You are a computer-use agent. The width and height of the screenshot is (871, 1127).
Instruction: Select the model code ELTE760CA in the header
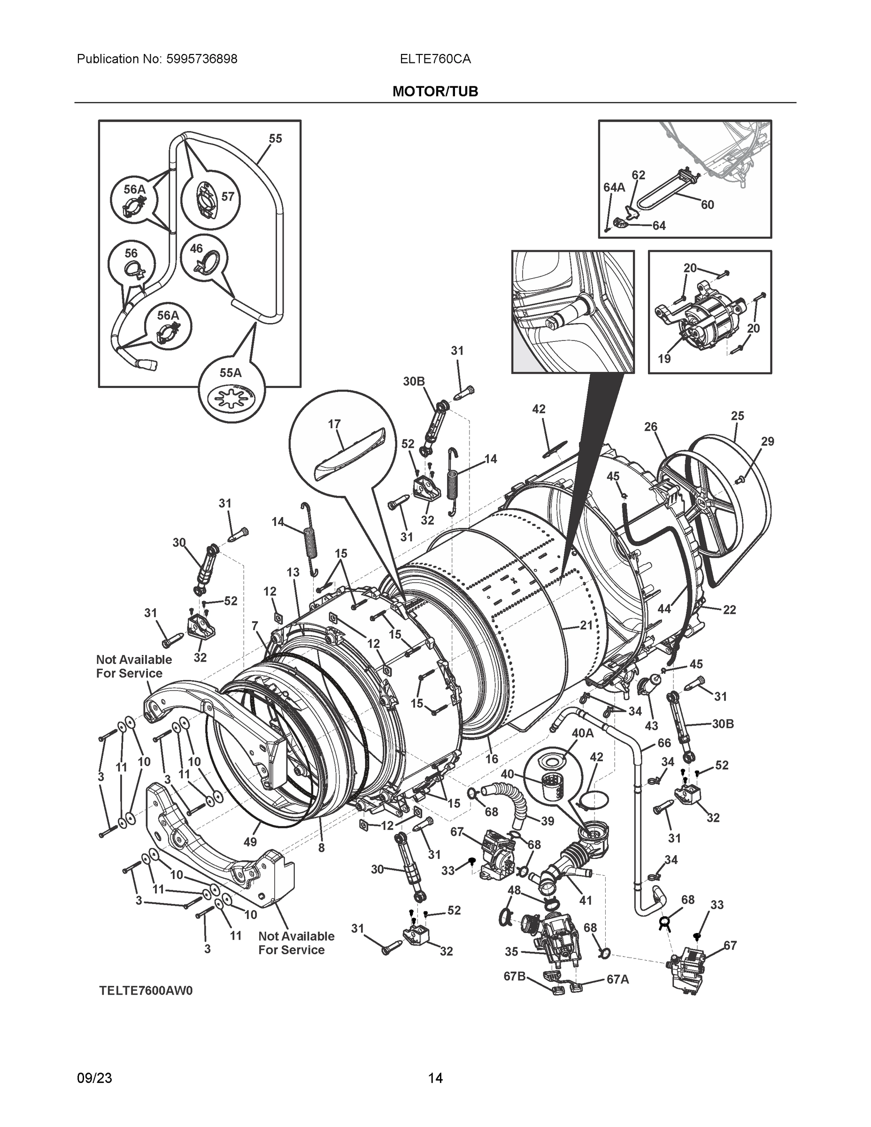pos(435,59)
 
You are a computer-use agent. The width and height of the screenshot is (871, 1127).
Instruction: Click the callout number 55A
pos(230,372)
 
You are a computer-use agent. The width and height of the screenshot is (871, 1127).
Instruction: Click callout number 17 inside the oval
pos(334,424)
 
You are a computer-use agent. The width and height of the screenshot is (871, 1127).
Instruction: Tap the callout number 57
pos(228,197)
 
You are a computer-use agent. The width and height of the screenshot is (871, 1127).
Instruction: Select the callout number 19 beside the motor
pos(664,358)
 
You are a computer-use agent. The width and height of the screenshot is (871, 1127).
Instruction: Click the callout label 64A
pos(614,187)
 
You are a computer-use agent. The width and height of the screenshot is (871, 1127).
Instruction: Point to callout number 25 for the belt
pos(737,416)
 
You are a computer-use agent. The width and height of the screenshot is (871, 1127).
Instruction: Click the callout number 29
pos(767,441)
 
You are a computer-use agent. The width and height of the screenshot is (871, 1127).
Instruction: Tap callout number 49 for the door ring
pos(250,841)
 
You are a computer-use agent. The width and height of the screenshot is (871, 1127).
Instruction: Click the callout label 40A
pos(583,733)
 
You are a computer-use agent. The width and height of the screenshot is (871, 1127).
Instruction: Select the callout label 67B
pos(514,976)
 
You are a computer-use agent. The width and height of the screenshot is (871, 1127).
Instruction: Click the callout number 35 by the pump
pos(511,951)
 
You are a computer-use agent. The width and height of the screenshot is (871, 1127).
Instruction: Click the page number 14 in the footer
pos(435,1078)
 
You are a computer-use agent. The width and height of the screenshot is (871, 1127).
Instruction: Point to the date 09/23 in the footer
pos(94,1078)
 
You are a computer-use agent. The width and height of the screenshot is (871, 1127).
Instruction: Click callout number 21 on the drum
pos(586,625)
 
